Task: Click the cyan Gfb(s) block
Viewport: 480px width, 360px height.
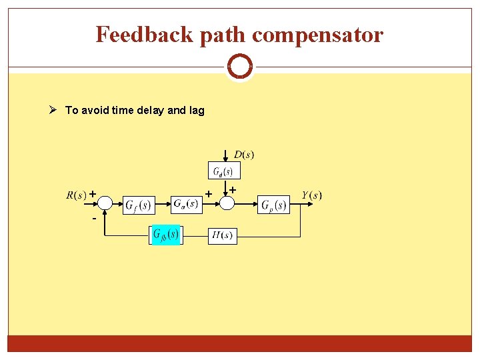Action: point(165,235)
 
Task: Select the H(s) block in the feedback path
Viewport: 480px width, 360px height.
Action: point(222,235)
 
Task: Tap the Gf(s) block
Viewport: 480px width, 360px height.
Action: point(139,204)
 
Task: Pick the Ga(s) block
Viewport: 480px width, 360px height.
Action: point(186,203)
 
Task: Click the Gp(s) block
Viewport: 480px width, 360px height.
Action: point(273,205)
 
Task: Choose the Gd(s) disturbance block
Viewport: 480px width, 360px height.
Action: point(223,171)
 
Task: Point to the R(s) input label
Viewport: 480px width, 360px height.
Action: point(76,195)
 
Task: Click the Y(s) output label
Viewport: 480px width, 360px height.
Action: point(311,195)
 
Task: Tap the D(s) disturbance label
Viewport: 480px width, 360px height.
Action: point(243,155)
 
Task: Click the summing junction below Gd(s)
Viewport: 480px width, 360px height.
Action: point(227,203)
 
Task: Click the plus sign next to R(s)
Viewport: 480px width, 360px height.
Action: point(93,194)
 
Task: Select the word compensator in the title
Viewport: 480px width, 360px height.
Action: point(317,34)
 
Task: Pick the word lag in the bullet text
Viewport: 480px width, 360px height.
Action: point(196,111)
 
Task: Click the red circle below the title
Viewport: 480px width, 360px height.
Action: point(239,67)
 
